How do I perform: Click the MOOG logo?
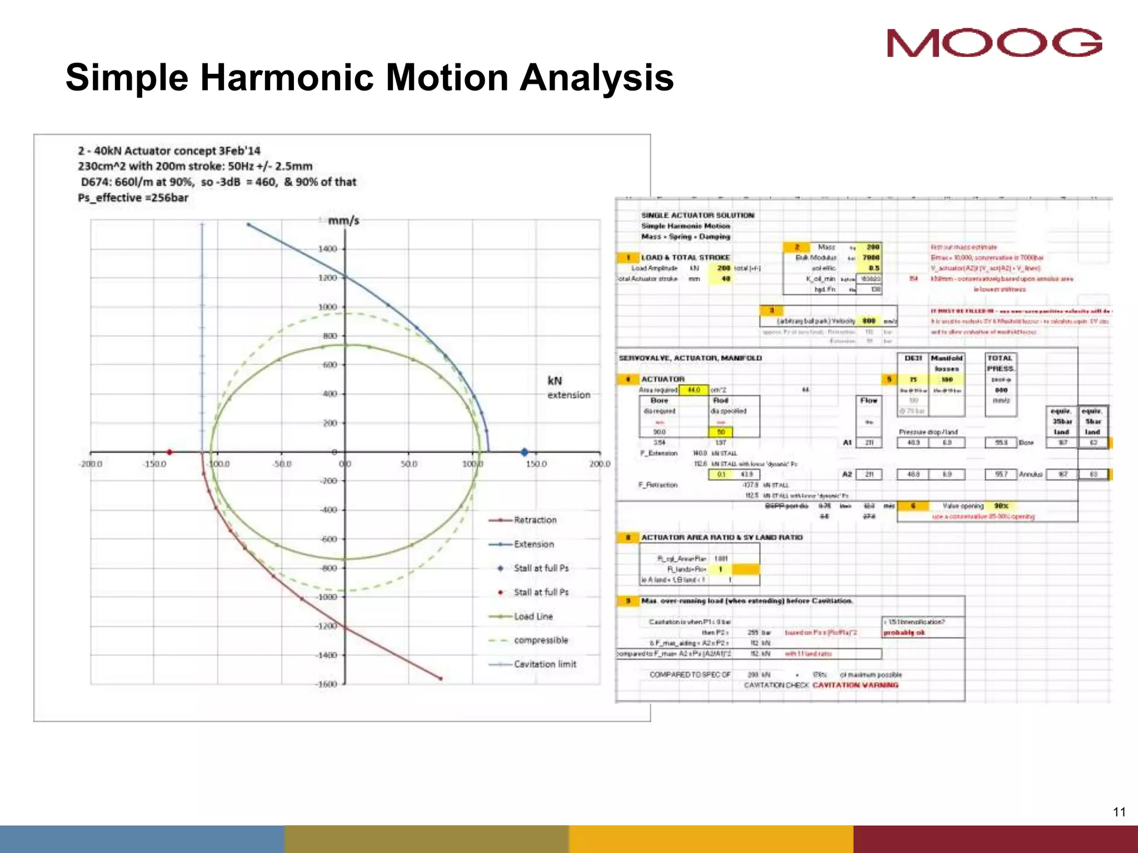coord(994,43)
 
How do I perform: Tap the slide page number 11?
coord(1119,812)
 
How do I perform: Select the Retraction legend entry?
coord(535,520)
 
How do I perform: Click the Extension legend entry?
coord(533,544)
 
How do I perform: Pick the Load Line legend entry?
coord(533,616)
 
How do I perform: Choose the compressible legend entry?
coord(541,640)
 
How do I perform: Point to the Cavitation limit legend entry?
coord(545,664)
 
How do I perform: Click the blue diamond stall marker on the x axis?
coord(525,452)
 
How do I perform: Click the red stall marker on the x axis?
coord(169,452)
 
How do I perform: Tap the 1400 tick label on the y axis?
coord(327,249)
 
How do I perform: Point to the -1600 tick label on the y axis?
coord(326,684)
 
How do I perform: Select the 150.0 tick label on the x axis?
coord(536,464)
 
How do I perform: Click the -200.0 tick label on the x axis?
coord(91,464)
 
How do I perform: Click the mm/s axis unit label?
coord(343,221)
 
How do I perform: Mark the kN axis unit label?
coord(555,381)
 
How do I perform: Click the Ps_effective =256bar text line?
coord(133,198)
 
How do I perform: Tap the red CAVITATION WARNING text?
coord(855,685)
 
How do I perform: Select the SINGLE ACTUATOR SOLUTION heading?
coord(697,215)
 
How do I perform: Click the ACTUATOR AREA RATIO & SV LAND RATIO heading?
coord(722,538)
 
